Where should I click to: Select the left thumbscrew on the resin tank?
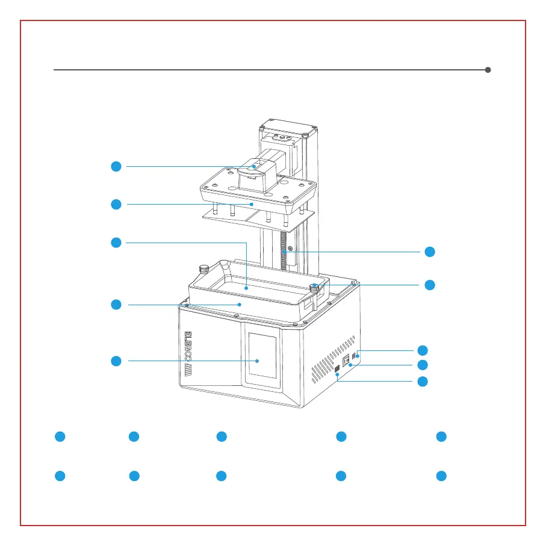pyautogui.click(x=204, y=268)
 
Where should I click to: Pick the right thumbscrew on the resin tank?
pyautogui.click(x=314, y=287)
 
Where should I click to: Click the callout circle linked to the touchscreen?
pyautogui.click(x=116, y=361)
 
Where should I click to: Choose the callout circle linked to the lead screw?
pyautogui.click(x=429, y=252)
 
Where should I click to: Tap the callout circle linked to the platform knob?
pyautogui.click(x=116, y=166)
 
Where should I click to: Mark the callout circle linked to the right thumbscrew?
pyautogui.click(x=429, y=284)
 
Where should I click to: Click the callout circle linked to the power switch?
pyautogui.click(x=423, y=365)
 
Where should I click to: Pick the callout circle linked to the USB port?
pyautogui.click(x=423, y=381)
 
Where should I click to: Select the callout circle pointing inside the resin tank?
pyautogui.click(x=116, y=243)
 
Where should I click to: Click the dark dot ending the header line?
pyautogui.click(x=488, y=70)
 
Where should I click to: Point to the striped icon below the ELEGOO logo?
pyautogui.click(x=188, y=377)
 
